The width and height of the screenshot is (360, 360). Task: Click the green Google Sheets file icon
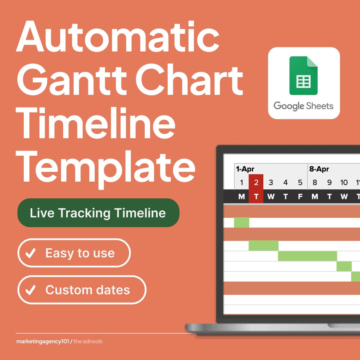pos(303,76)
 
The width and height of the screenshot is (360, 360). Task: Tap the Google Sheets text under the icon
pos(303,106)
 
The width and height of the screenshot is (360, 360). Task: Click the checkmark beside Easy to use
pos(31,253)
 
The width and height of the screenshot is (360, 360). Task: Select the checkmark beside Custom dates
pos(31,290)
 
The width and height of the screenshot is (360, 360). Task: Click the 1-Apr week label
pos(245,169)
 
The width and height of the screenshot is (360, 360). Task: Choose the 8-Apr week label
pos(319,169)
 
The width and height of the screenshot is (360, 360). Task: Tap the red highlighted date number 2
pos(256,182)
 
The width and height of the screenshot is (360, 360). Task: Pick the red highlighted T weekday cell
pos(256,197)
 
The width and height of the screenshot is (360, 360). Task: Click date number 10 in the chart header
pos(344,183)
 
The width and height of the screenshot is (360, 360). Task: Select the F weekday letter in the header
pos(300,197)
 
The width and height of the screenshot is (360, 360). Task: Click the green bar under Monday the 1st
pos(242,222)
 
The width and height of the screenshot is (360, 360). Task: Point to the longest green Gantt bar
pos(307,256)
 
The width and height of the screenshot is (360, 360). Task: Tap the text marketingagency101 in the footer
pos(43,341)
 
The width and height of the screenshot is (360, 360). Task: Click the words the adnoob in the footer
pos(88,341)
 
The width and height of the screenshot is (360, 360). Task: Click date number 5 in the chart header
pos(300,183)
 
